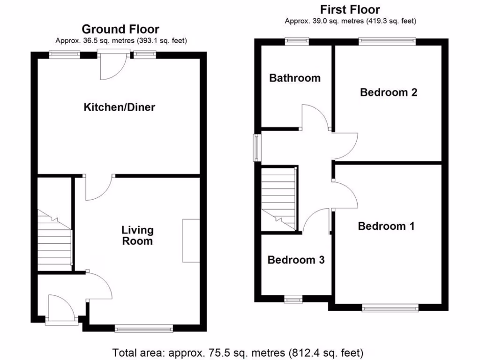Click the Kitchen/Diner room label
(x=119, y=107)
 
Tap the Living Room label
(x=137, y=236)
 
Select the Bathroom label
(x=295, y=78)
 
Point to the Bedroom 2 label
(x=389, y=92)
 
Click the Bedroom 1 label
(x=386, y=226)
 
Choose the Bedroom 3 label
(x=296, y=260)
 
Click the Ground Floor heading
(x=120, y=30)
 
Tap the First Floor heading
(x=350, y=9)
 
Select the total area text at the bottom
(x=238, y=352)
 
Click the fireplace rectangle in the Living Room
(x=191, y=240)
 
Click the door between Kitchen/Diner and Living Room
(x=97, y=187)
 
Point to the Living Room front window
(x=144, y=330)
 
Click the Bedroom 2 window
(x=387, y=41)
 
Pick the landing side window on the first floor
(x=257, y=148)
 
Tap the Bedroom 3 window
(x=294, y=299)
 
